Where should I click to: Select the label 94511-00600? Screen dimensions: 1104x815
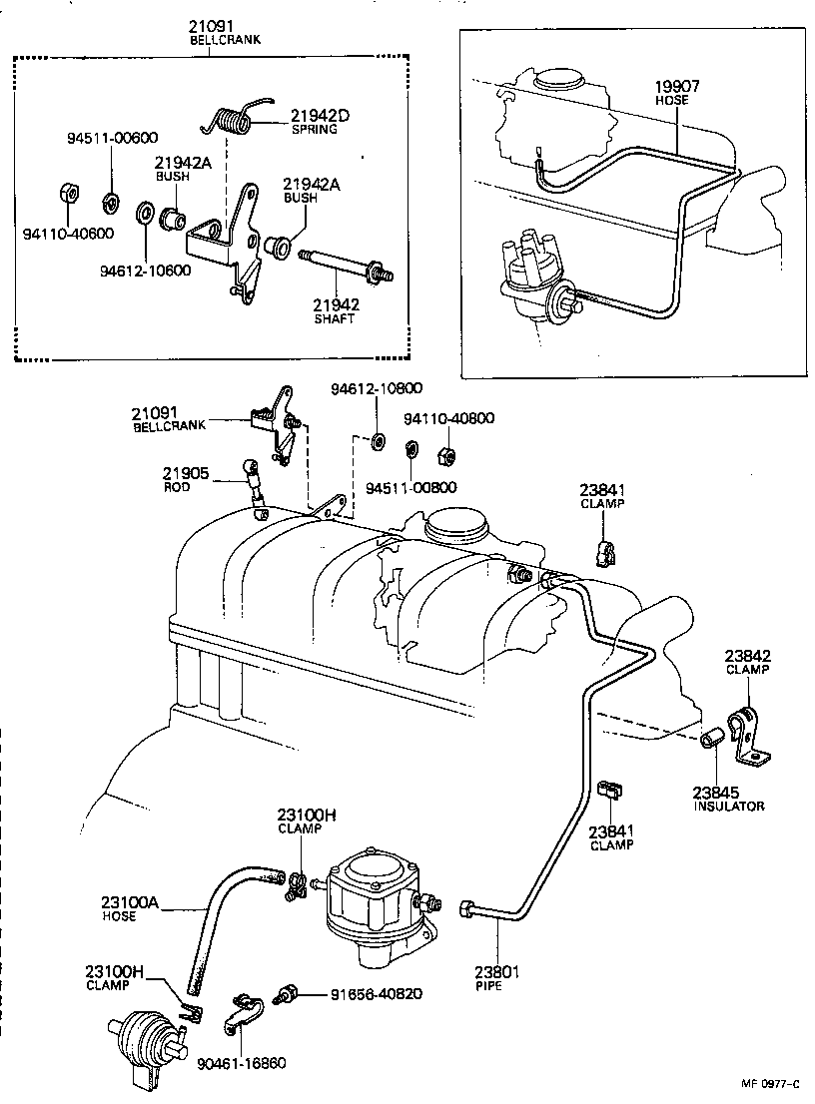tap(112, 138)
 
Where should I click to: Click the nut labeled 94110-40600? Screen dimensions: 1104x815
tap(66, 192)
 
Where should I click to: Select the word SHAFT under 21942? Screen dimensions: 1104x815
tap(335, 319)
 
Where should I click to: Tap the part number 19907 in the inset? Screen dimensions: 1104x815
tap(676, 86)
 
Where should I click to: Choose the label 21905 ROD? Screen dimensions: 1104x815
tap(187, 478)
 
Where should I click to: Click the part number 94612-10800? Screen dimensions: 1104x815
tap(377, 388)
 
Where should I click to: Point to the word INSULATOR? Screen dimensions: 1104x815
tap(729, 806)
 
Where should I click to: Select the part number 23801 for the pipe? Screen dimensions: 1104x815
tap(496, 970)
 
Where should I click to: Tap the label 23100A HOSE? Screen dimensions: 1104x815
tap(129, 907)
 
